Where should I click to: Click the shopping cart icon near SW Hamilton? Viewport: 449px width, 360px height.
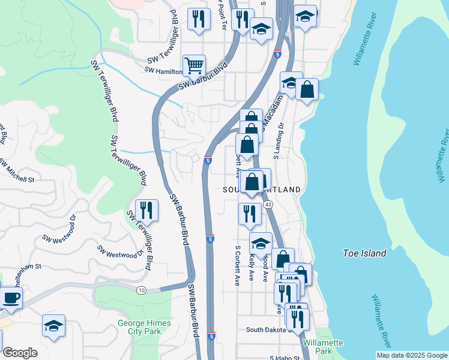(x=194, y=66)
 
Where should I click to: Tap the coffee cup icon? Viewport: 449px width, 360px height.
(x=11, y=297)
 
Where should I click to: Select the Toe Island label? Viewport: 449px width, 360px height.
(x=364, y=253)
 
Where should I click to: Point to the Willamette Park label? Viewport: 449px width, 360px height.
(x=323, y=346)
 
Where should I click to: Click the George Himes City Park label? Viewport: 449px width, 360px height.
(x=144, y=327)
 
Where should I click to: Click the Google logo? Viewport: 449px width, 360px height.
(x=20, y=353)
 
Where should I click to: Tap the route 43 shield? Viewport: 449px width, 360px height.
(x=268, y=205)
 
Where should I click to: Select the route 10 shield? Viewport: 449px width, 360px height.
(x=141, y=290)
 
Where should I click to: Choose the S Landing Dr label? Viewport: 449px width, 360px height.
(x=278, y=141)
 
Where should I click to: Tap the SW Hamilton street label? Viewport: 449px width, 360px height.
(x=163, y=71)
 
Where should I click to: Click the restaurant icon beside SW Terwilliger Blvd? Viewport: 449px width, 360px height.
(x=146, y=211)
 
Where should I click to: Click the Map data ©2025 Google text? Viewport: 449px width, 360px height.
(x=412, y=355)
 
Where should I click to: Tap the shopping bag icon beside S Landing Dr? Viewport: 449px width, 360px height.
(x=307, y=90)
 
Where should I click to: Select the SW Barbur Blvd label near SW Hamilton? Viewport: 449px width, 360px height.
(x=205, y=77)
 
